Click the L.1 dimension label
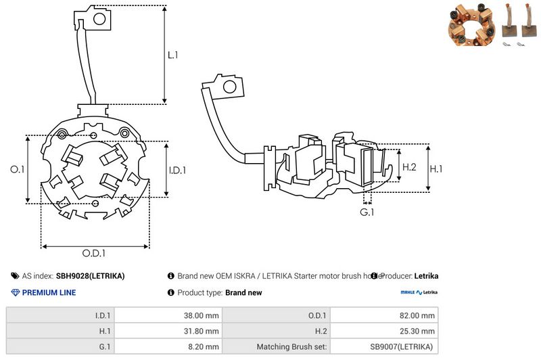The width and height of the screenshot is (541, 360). click(174, 54)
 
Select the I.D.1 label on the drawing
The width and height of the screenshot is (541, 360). click(177, 170)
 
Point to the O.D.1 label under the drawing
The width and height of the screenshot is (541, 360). click(95, 254)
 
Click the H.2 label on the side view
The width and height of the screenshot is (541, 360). click(410, 166)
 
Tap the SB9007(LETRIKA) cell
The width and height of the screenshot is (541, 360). click(402, 346)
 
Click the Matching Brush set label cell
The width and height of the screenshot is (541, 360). click(292, 346)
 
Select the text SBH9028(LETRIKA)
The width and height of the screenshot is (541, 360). click(90, 276)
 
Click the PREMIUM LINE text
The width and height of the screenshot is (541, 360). click(49, 293)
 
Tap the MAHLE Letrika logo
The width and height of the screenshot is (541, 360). click(419, 293)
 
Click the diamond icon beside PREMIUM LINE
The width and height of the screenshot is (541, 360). click(16, 293)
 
